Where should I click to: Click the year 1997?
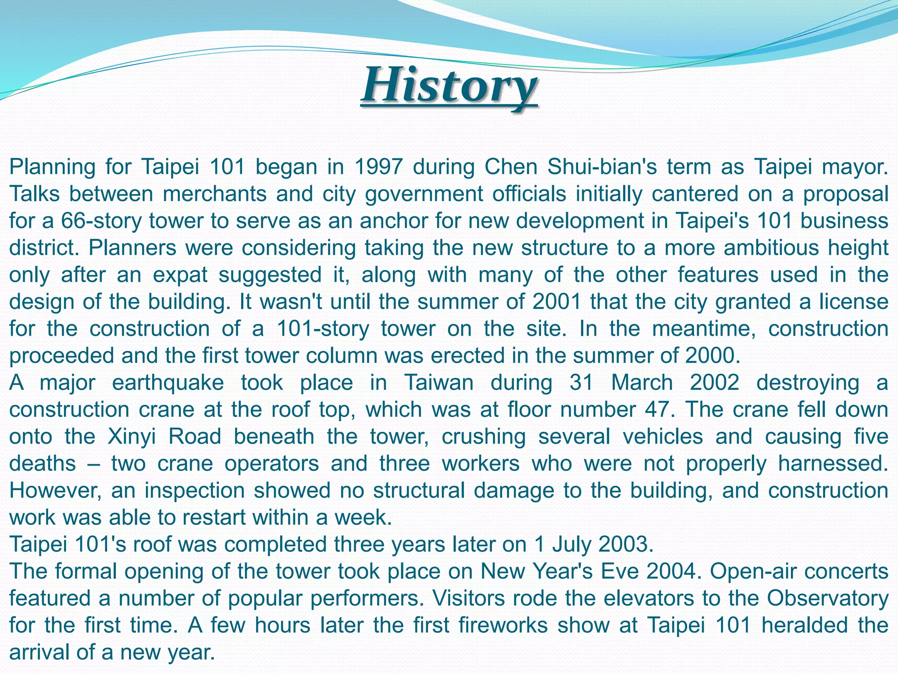click(378, 167)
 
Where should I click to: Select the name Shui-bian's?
click(602, 167)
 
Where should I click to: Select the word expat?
click(180, 275)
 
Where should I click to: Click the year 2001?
click(556, 302)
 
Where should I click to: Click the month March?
click(642, 383)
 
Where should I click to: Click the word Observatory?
click(827, 598)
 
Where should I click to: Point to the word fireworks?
click(503, 625)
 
